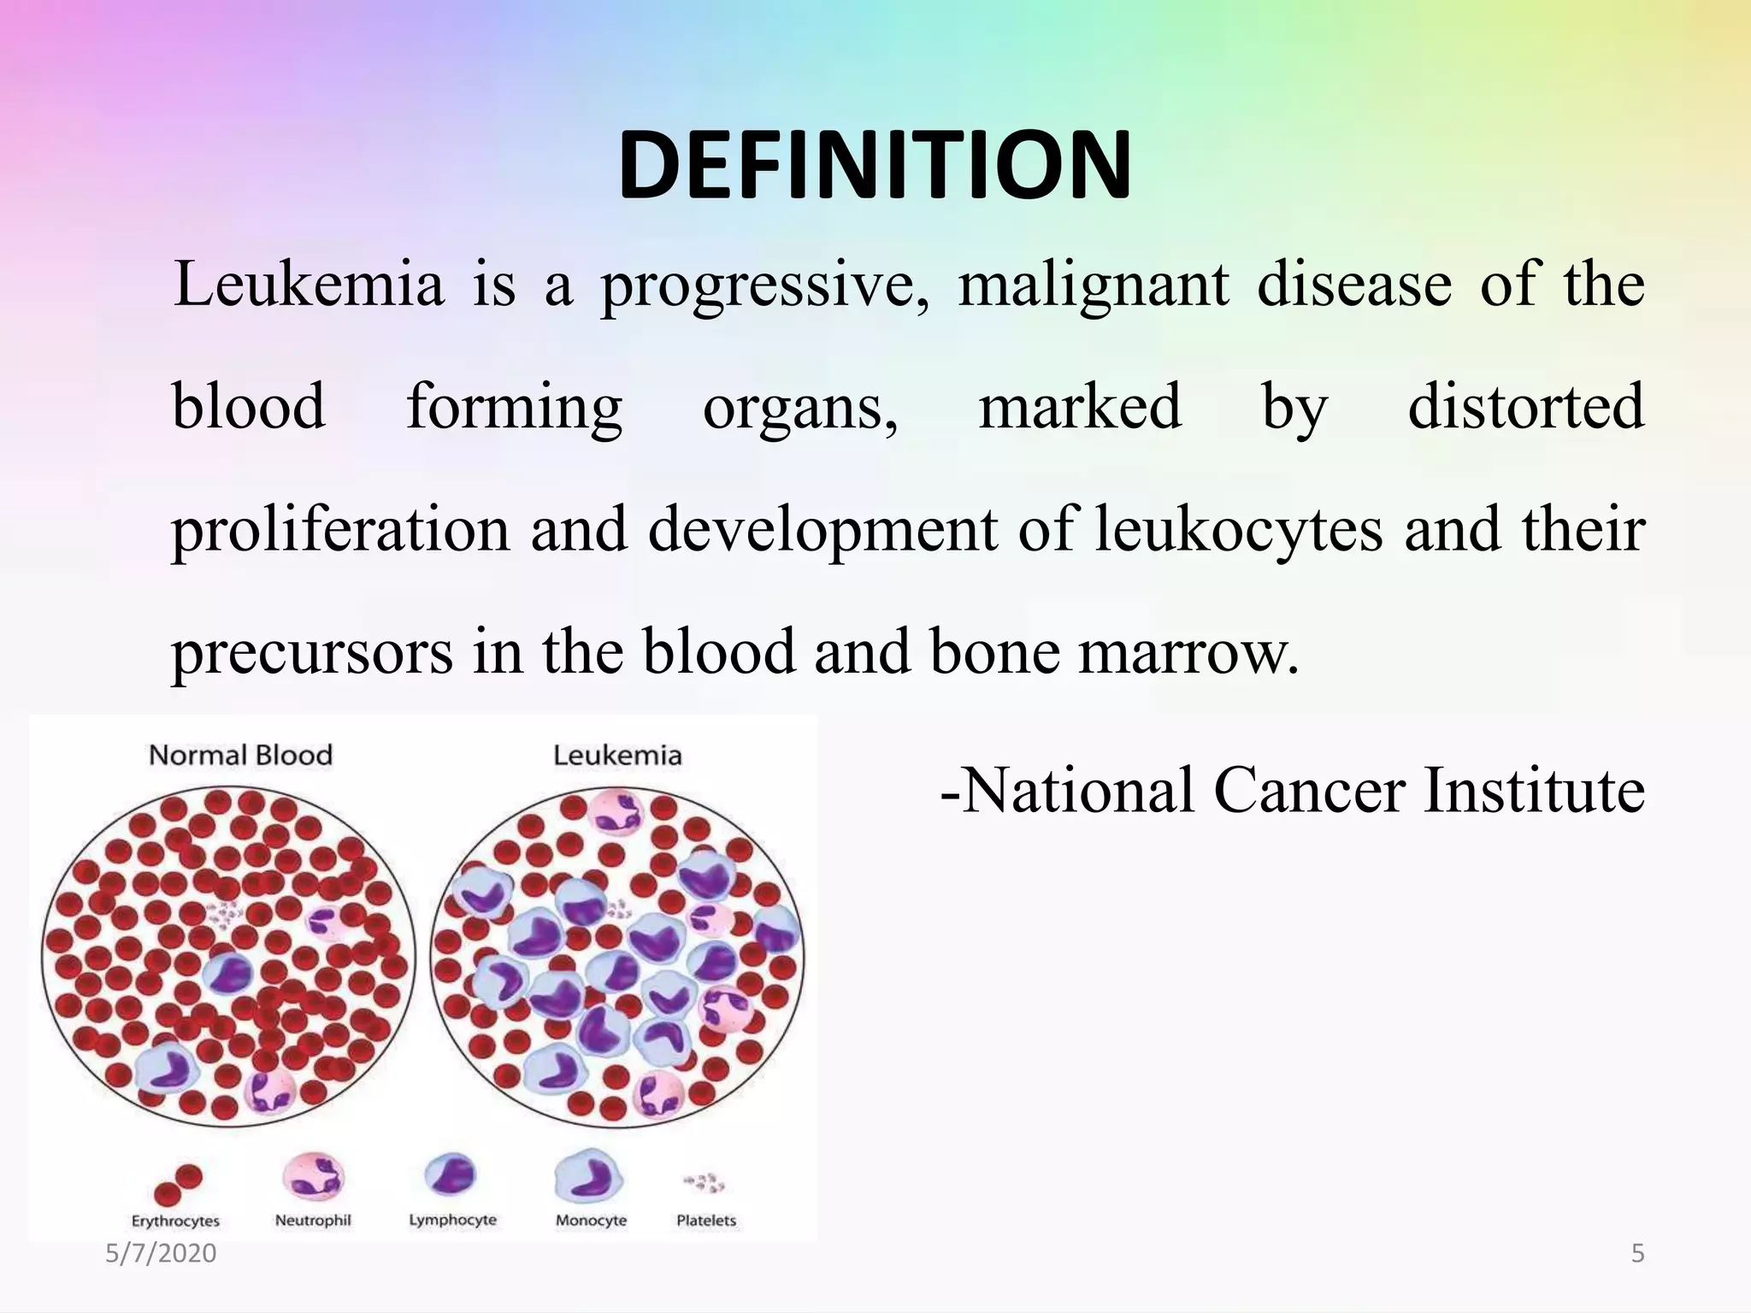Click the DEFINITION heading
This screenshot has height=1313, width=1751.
tap(875, 166)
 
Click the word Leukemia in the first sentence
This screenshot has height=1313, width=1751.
tap(309, 285)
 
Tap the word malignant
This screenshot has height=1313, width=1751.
tap(1093, 285)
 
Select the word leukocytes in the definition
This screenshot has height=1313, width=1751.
tap(1238, 529)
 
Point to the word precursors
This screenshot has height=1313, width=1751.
tap(312, 652)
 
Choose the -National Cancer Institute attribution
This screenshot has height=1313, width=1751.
tap(1292, 790)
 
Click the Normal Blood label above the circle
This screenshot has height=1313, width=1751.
tap(240, 756)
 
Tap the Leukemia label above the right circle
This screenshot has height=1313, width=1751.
tap(617, 756)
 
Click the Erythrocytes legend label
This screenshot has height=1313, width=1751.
tap(175, 1221)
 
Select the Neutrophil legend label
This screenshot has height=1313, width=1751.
tap(313, 1221)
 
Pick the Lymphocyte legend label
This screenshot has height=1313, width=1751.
tap(452, 1220)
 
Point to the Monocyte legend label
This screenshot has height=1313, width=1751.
tap(591, 1221)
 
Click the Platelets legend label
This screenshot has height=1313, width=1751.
tap(706, 1221)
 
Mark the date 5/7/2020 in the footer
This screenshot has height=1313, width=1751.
tap(161, 1253)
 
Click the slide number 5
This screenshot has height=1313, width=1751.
tap(1638, 1253)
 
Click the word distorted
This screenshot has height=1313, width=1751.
tap(1525, 407)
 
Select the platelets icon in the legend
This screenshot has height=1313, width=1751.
tap(704, 1183)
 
